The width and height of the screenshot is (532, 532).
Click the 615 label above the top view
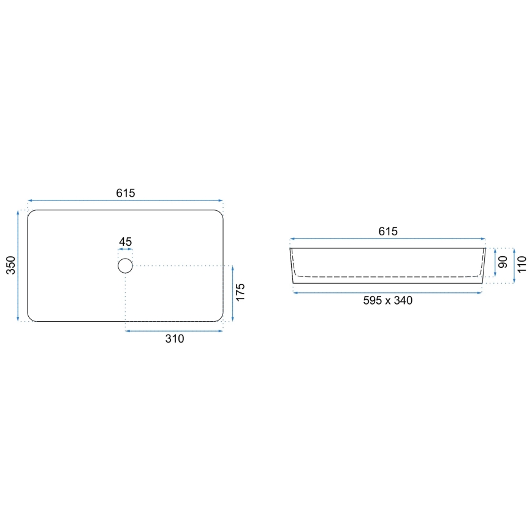pos(125,192)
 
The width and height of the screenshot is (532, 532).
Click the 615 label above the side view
pos(388,231)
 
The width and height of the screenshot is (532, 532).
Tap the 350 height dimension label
pos(10,265)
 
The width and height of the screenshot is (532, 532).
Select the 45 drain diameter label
pos(125,242)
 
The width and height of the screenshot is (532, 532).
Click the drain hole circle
pos(125,265)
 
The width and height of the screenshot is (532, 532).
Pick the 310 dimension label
pos(175,339)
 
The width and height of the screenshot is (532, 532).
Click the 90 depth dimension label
pos(503,263)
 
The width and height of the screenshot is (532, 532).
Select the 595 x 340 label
pos(387,300)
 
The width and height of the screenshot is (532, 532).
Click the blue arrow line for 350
pos(19,265)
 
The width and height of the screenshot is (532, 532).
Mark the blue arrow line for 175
pos(233,294)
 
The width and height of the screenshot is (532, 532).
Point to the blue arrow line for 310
pos(174,331)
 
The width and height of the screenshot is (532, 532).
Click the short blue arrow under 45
pos(125,250)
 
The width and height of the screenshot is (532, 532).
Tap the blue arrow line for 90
pos(495,263)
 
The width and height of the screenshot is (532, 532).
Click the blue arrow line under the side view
pos(387,293)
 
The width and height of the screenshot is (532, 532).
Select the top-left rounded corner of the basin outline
pos(31,213)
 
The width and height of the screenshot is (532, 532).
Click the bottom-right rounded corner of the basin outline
pos(219,318)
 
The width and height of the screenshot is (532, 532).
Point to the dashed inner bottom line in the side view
pos(387,277)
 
